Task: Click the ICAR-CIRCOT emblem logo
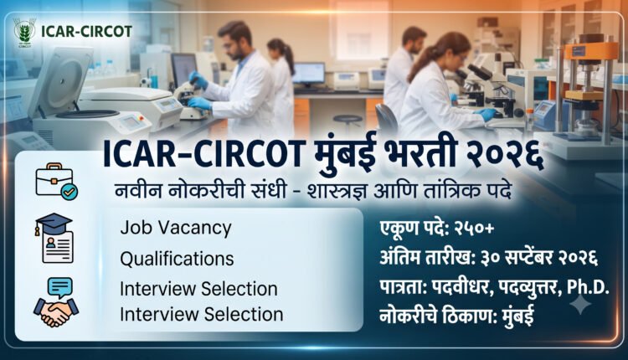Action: (25, 32)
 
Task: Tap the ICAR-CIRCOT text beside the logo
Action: (86, 32)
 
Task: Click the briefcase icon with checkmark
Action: (56, 182)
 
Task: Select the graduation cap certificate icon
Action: (55, 239)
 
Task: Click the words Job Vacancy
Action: (176, 229)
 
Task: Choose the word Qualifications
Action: (177, 259)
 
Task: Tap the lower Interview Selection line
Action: (202, 314)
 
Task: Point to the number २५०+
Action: (474, 229)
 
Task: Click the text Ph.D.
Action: (588, 287)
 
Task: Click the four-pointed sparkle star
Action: (580, 306)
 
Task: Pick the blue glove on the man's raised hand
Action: (198, 80)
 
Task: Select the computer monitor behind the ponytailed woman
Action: (308, 75)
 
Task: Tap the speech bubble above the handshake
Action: (59, 287)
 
